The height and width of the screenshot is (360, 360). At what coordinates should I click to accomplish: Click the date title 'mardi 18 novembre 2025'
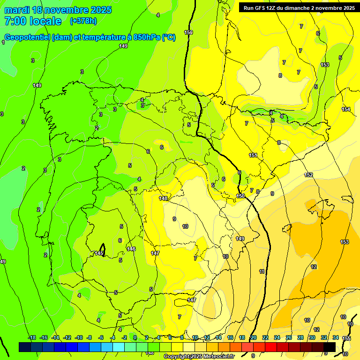pos(58,10)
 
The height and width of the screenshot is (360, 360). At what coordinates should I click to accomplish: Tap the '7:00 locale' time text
pos(33,21)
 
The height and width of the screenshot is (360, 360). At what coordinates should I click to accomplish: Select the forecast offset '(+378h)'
pos(84,21)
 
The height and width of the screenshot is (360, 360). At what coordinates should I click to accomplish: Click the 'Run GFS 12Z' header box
pos(298,7)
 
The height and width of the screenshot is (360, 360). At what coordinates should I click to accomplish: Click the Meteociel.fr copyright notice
pos(199,357)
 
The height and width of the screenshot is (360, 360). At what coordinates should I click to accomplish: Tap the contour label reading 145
pos(99,253)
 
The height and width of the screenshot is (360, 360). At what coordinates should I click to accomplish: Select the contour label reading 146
pos(131,249)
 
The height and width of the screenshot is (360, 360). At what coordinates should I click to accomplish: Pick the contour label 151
pos(253,155)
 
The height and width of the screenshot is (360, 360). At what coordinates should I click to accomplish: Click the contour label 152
pos(308,175)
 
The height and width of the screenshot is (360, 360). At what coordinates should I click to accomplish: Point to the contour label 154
pos(346,109)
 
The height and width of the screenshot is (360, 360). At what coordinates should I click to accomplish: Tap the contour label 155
pos(346,338)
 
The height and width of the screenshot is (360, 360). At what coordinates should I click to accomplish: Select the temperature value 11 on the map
pos(262,271)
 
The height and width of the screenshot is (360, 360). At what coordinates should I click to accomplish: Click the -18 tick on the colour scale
pos(32,337)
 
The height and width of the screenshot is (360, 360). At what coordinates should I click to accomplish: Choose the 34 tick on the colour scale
pos(336,337)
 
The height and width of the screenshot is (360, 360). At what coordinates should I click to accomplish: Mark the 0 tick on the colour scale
pos(135,337)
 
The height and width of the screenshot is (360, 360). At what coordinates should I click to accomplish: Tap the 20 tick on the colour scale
pos(253,337)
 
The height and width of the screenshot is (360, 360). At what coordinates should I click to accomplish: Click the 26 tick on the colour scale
pos(288,337)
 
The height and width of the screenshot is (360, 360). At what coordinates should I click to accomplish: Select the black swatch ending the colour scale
pos(330,347)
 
